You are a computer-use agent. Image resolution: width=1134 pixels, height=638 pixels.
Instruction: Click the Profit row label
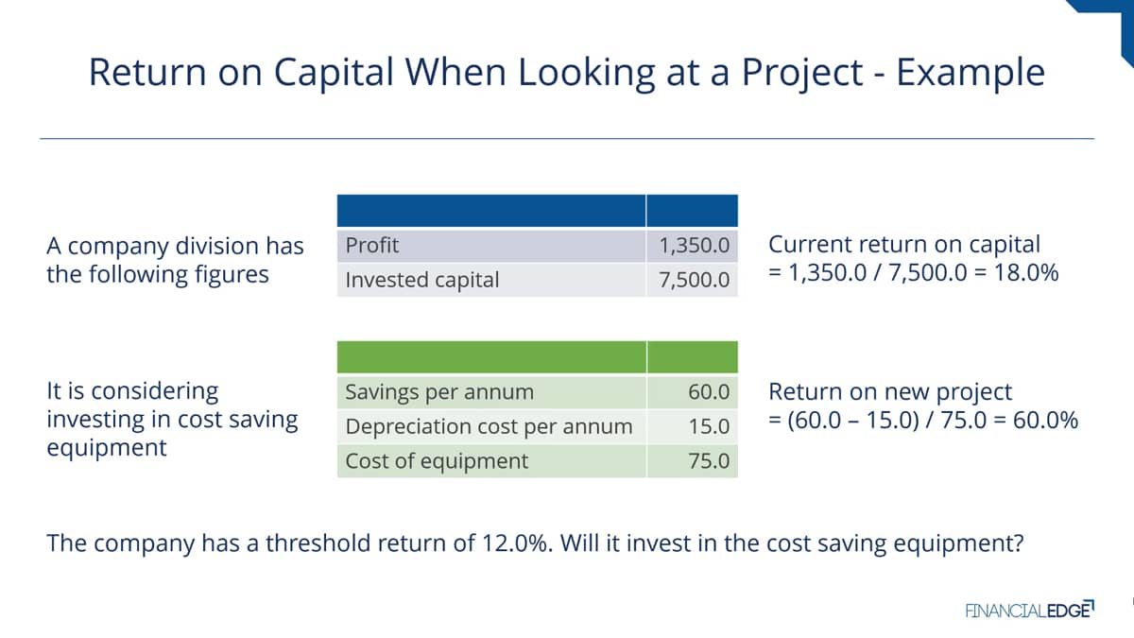click(372, 246)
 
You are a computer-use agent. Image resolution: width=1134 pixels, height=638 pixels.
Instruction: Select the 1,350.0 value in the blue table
click(694, 246)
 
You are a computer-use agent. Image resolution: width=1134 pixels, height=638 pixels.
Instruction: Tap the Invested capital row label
click(422, 280)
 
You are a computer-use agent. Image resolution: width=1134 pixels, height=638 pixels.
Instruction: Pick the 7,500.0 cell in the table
click(694, 280)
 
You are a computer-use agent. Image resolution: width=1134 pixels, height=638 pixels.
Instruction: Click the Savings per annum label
click(439, 392)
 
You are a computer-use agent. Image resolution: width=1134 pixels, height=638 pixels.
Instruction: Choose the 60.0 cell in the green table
click(709, 392)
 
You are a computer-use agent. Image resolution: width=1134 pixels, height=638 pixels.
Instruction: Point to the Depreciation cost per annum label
click(490, 427)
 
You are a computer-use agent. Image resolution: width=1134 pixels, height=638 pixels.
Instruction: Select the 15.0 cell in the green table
click(709, 426)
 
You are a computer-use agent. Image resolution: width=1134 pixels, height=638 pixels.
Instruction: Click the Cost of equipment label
click(437, 461)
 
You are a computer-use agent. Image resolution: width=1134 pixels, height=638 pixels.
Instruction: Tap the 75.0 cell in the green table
click(709, 461)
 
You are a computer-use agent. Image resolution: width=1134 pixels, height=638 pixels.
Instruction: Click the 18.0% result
click(1026, 273)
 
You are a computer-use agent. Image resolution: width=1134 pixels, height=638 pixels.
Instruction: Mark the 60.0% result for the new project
click(1045, 421)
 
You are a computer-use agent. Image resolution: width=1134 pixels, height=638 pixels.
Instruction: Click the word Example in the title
click(971, 73)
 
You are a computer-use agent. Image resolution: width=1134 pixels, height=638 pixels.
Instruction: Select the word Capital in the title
click(334, 73)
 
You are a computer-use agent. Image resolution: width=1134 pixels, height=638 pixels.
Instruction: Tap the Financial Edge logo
click(1030, 609)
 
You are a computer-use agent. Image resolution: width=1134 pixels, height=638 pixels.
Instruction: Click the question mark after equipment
click(1018, 543)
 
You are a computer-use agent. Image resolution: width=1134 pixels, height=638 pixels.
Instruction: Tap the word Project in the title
click(802, 73)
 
